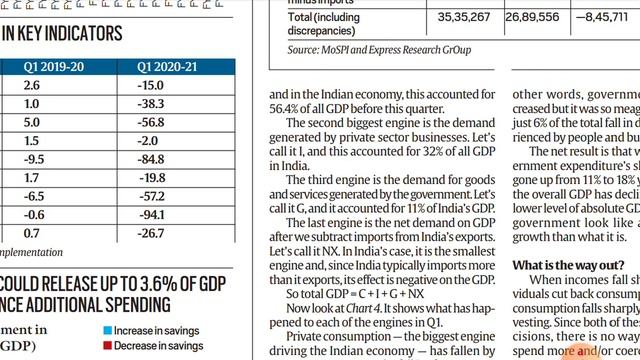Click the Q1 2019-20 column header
pyautogui.click(x=56, y=68)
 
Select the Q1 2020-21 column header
pyautogui.click(x=172, y=68)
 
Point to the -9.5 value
pyautogui.click(x=33, y=159)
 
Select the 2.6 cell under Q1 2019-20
pyautogui.click(x=32, y=87)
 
